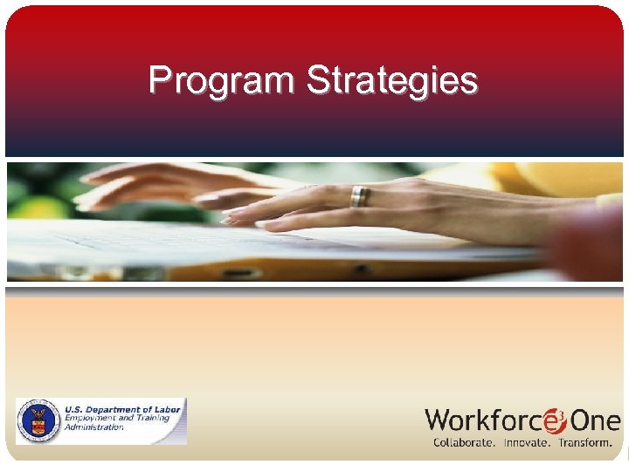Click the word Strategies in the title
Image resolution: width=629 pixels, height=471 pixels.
pyautogui.click(x=392, y=80)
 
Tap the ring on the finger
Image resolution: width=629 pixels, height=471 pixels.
pyautogui.click(x=359, y=197)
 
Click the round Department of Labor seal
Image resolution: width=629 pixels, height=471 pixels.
pyautogui.click(x=38, y=421)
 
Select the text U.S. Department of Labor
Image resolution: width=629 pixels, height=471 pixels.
pyautogui.click(x=121, y=409)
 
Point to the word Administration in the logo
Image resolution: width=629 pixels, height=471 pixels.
pyautogui.click(x=93, y=427)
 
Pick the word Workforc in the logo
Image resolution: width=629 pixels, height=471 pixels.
pyautogui.click(x=483, y=421)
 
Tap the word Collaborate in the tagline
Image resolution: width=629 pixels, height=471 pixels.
pyautogui.click(x=464, y=443)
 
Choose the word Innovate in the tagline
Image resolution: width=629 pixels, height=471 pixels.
pyautogui.click(x=526, y=443)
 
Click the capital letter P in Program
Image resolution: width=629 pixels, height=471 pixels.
pyautogui.click(x=158, y=80)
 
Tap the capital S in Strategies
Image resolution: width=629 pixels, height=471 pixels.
pyautogui.click(x=317, y=80)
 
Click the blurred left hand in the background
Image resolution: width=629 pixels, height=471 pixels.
pyautogui.click(x=149, y=183)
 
